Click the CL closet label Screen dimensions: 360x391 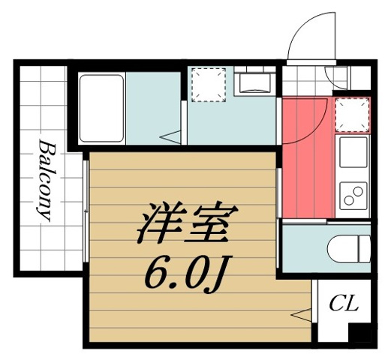[344, 304]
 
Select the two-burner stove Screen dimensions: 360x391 [353, 194]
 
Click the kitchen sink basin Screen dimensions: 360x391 [353, 152]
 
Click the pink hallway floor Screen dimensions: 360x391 [305, 161]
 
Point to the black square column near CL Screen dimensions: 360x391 [362, 334]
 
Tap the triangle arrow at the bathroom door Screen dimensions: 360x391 [173, 136]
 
